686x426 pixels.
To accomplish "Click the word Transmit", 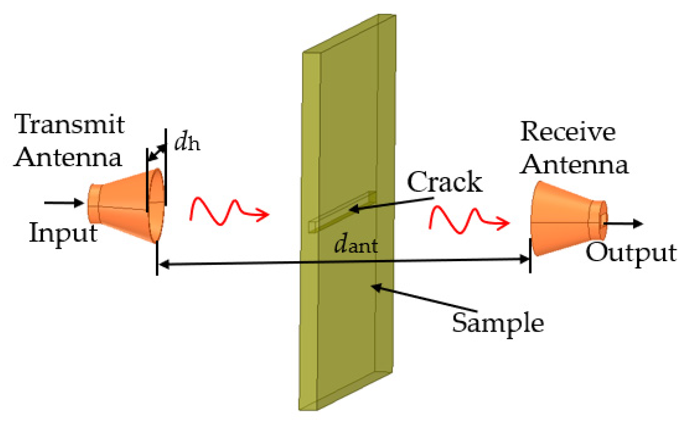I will (x=69, y=125).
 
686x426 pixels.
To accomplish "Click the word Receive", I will (x=567, y=132).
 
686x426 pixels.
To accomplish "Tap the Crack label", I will (x=444, y=182).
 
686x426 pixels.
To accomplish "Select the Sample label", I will (x=497, y=323).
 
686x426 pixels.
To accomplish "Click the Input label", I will (x=63, y=233).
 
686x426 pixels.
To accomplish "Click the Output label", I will (x=631, y=253).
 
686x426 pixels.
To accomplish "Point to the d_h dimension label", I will (x=187, y=143).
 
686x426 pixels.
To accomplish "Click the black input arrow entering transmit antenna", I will (x=64, y=203).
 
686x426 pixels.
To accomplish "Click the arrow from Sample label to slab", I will (x=423, y=299).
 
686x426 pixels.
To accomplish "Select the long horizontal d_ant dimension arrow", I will (x=269, y=263).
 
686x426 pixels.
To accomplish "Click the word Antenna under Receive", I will (x=574, y=165).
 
